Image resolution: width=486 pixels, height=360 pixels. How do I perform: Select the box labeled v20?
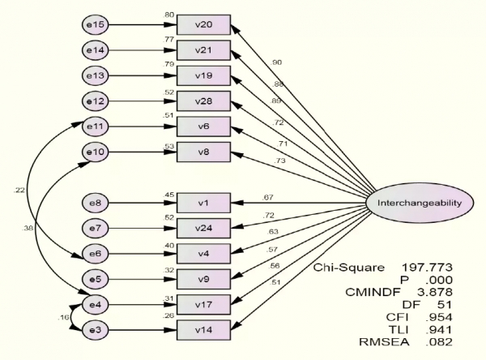coord(203,26)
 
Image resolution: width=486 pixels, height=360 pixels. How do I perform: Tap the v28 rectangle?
coord(203,101)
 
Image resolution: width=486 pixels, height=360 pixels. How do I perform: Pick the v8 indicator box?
coord(203,152)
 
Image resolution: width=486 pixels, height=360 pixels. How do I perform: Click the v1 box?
coord(203,204)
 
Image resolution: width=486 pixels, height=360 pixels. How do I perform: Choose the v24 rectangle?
coord(203,229)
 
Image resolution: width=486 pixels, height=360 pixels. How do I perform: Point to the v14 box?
coord(203,330)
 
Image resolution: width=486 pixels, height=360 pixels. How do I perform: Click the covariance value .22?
coord(19,190)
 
